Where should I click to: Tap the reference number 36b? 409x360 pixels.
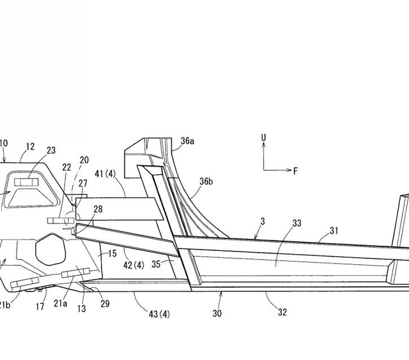pos(205,181)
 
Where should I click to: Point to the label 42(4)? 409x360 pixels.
pos(134,264)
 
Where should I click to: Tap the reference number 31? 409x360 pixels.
pos(334,230)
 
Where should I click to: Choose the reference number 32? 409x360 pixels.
pos(282,312)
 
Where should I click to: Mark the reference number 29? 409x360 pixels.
pos(105,304)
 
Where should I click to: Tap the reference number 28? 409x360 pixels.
pos(97,209)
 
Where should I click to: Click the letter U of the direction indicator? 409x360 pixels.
pos(263,137)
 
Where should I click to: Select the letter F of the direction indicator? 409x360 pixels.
pos(295,171)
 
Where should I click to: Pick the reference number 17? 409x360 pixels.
pos(40,306)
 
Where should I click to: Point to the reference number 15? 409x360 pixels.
pos(112,253)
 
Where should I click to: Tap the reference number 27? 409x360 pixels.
pos(83,183)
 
